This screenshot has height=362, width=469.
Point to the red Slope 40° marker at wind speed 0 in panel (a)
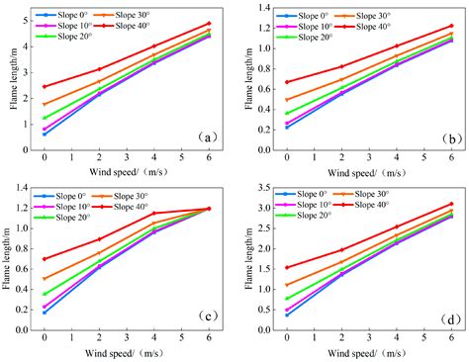(x=45, y=86)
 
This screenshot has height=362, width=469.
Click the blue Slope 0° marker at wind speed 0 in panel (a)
(x=45, y=134)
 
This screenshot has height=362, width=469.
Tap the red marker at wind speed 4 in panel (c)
(x=153, y=213)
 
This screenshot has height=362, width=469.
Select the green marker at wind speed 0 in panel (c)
(x=45, y=294)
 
